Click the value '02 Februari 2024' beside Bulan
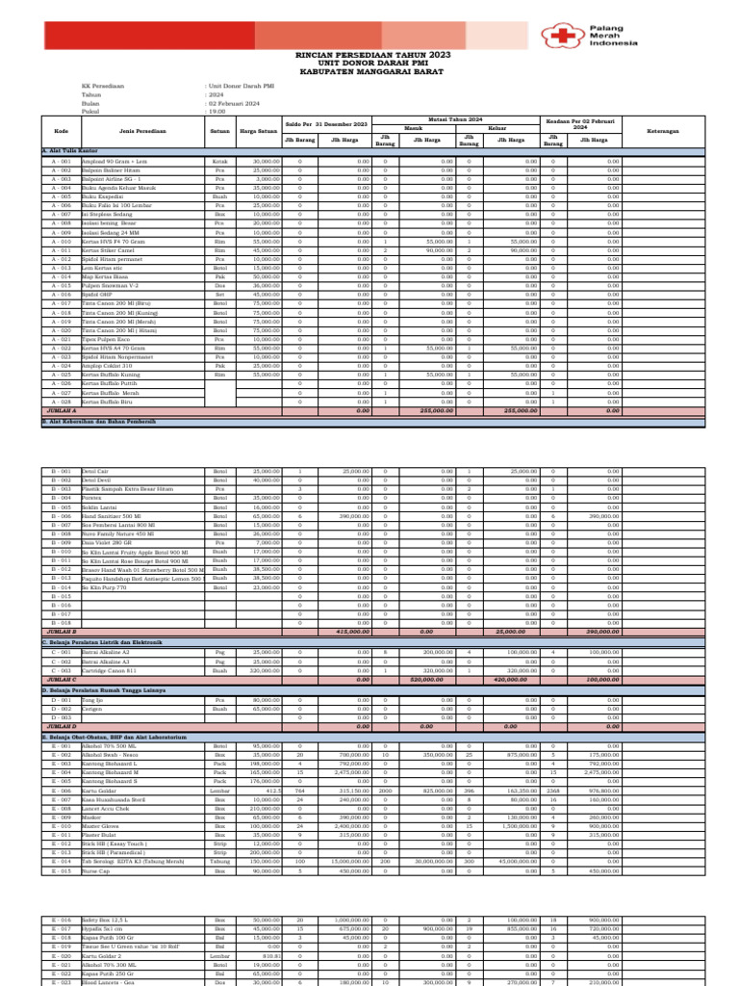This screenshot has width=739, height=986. (x=234, y=103)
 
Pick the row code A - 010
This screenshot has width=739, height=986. (x=61, y=242)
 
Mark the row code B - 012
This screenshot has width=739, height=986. (x=61, y=569)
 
